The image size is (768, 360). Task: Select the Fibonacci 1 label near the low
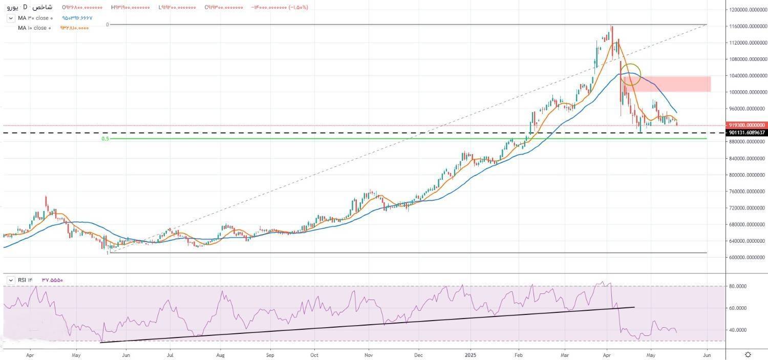point(108,253)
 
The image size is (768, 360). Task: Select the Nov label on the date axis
point(368,354)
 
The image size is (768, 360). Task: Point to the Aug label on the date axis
point(221,354)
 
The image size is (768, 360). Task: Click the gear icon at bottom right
point(749,354)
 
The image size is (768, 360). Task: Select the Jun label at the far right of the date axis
point(707,354)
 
